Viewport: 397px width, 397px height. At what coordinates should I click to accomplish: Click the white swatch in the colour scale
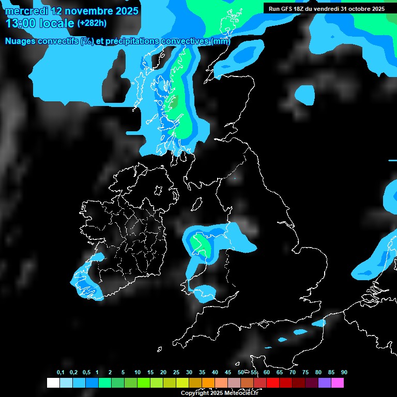tap(53, 383)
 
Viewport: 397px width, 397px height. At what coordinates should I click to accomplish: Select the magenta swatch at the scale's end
tap(337, 383)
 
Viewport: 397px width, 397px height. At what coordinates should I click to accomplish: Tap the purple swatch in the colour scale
tap(324, 383)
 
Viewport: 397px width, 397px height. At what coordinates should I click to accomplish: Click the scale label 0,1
tap(60, 373)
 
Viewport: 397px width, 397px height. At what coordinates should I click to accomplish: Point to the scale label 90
tap(344, 373)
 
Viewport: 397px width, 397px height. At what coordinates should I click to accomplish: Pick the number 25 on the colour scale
tap(176, 373)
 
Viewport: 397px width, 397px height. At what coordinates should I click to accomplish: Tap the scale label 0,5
tap(86, 373)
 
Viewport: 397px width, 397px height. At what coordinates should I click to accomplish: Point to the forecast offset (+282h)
tap(93, 23)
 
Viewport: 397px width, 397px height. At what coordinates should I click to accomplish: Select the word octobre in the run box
tap(357, 9)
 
